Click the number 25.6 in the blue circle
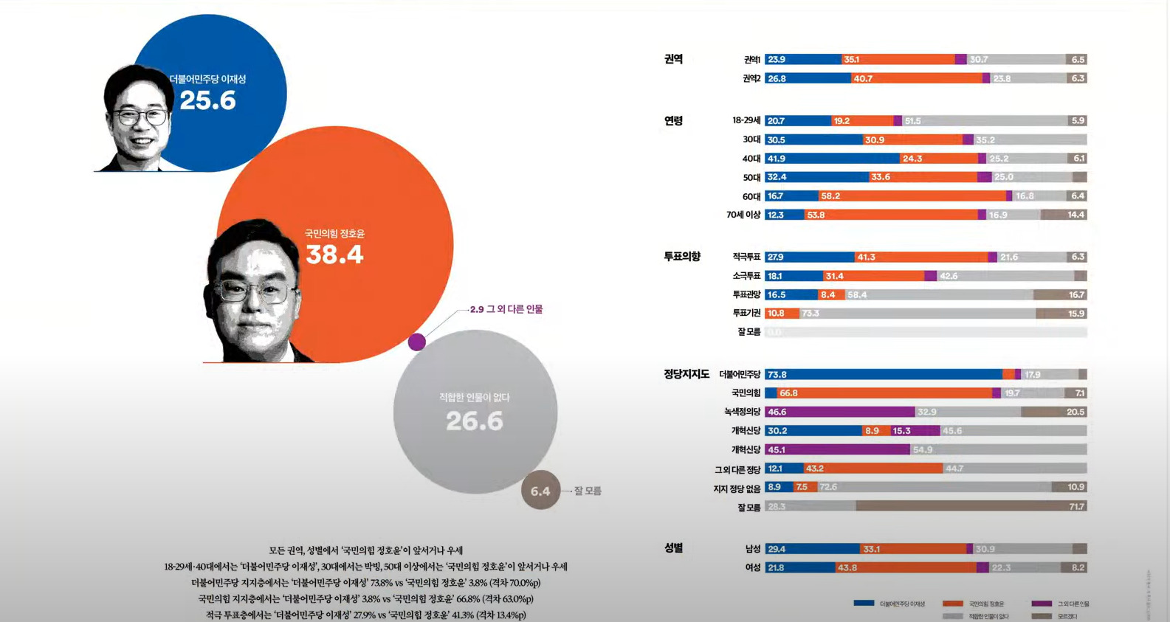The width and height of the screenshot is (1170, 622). coord(207,100)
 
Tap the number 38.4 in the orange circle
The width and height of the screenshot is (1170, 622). coord(334,255)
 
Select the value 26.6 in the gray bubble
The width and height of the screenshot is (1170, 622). coord(475,421)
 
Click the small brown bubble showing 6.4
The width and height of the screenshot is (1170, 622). coord(540,491)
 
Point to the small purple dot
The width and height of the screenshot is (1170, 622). coord(417,342)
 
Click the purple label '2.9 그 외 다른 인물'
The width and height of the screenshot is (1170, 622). coord(506,309)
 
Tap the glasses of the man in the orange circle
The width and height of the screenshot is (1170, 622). coord(254,291)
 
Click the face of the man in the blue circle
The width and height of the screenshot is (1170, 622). coord(138,118)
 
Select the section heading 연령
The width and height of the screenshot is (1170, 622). coord(673,120)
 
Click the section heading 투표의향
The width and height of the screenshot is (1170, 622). coord(682,257)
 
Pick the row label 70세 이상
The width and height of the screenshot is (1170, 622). coord(743,215)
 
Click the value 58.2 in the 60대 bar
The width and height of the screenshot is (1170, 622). coord(830,196)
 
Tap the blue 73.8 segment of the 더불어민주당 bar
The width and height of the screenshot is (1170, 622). coord(883,375)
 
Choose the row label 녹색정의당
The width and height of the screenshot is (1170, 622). coord(742,412)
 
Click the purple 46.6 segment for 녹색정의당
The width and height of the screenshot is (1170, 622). coord(840,412)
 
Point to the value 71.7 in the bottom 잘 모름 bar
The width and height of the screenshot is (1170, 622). coord(1076,507)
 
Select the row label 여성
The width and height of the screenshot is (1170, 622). coord(753,567)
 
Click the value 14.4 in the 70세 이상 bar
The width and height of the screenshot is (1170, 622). coord(1076,215)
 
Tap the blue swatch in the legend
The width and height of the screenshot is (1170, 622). coord(864,603)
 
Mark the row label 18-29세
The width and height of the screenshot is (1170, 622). coord(746,120)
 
